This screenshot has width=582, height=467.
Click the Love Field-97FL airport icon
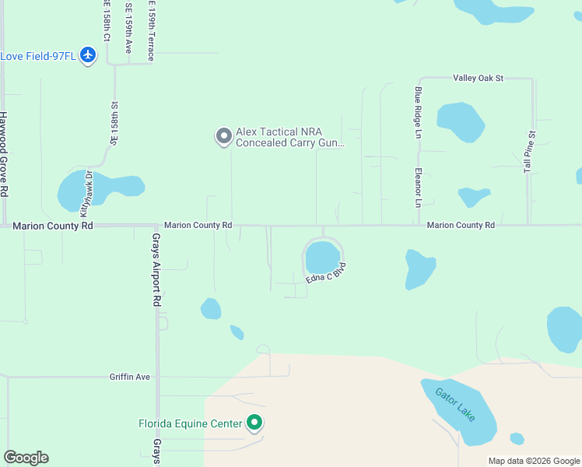(x=87, y=56)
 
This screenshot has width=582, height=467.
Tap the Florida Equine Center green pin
(x=254, y=423)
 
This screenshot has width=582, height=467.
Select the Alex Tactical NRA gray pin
(x=223, y=137)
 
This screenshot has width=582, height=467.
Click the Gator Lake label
(x=454, y=405)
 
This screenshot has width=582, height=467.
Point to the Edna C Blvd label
(x=326, y=272)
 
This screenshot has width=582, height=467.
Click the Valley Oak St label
(x=479, y=78)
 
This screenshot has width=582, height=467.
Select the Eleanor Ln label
(x=418, y=188)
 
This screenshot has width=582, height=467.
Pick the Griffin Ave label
(x=130, y=377)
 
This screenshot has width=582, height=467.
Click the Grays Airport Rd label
(x=156, y=269)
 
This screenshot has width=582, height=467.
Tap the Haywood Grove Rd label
(x=4, y=154)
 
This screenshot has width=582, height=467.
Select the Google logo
(x=26, y=458)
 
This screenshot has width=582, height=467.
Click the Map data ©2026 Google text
(x=534, y=461)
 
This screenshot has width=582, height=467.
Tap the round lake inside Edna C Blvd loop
(x=322, y=258)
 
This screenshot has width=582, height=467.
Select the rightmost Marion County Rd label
(x=461, y=225)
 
